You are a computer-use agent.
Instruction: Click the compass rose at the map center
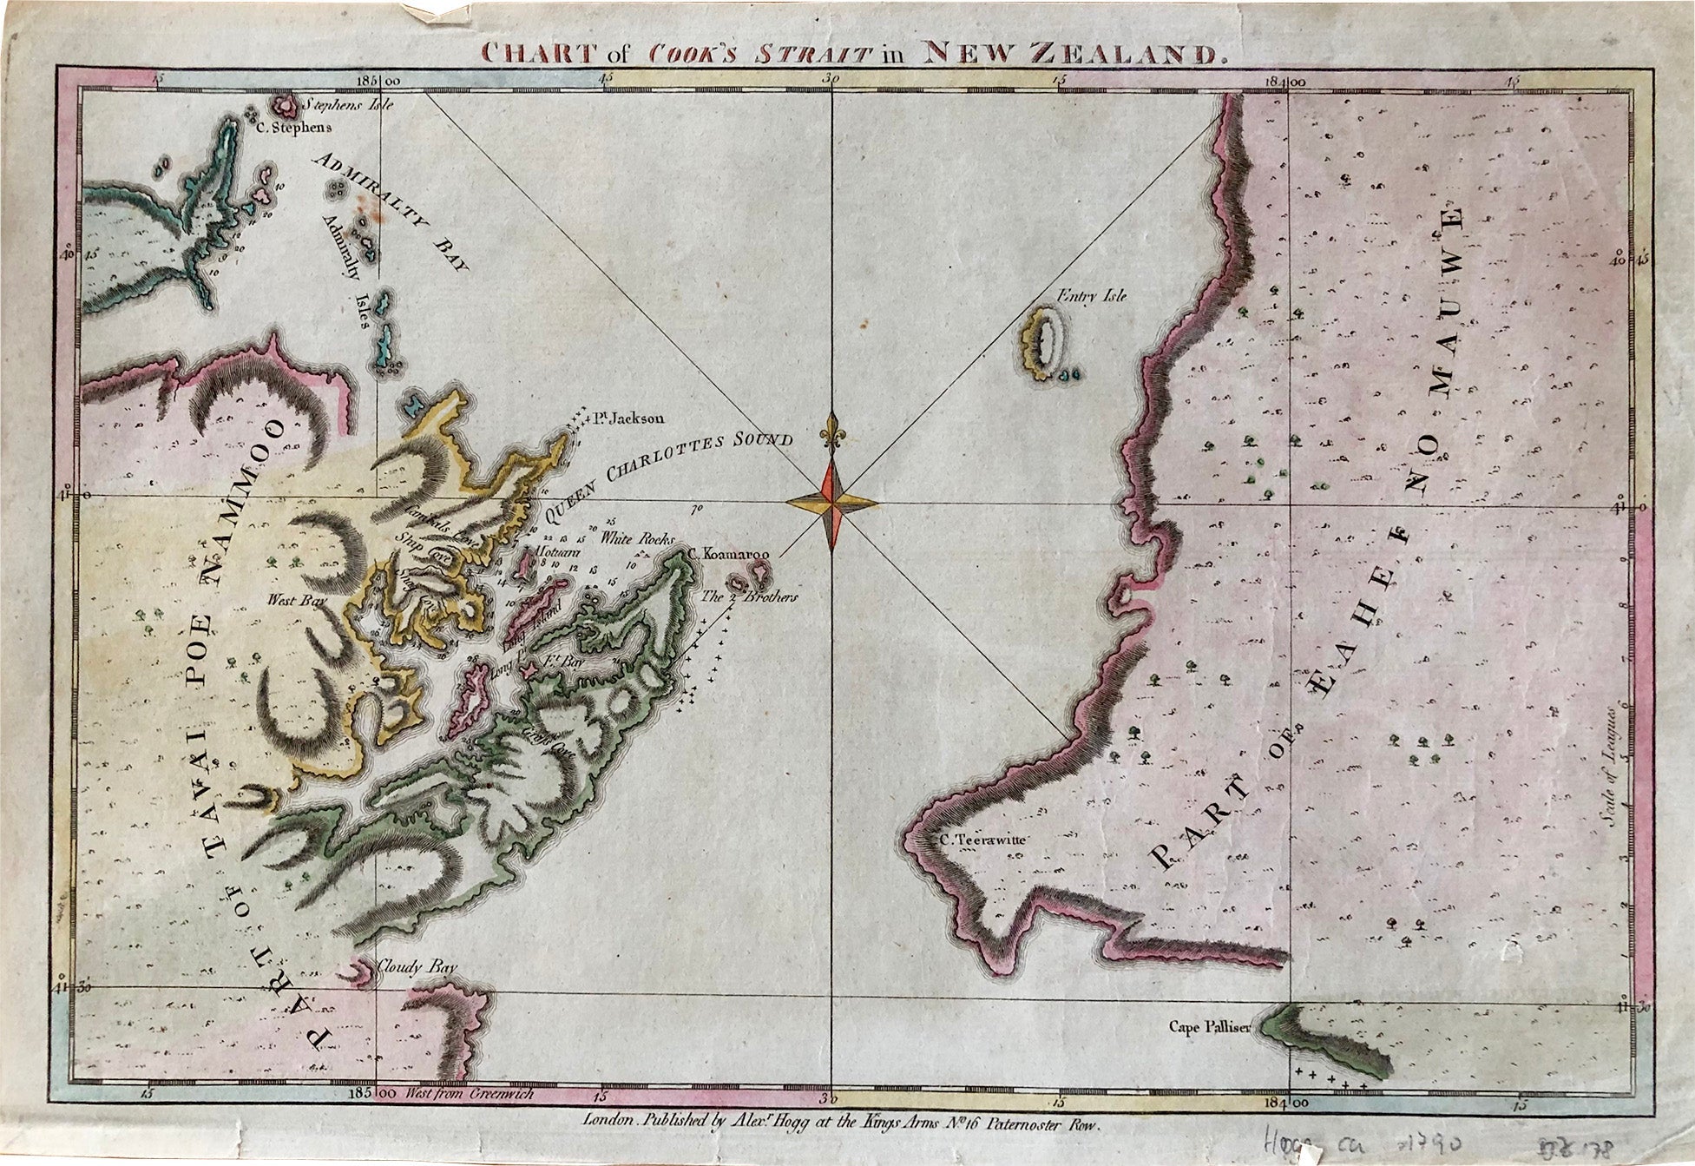tap(831, 502)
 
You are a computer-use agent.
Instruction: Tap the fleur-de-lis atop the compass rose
tap(834, 431)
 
